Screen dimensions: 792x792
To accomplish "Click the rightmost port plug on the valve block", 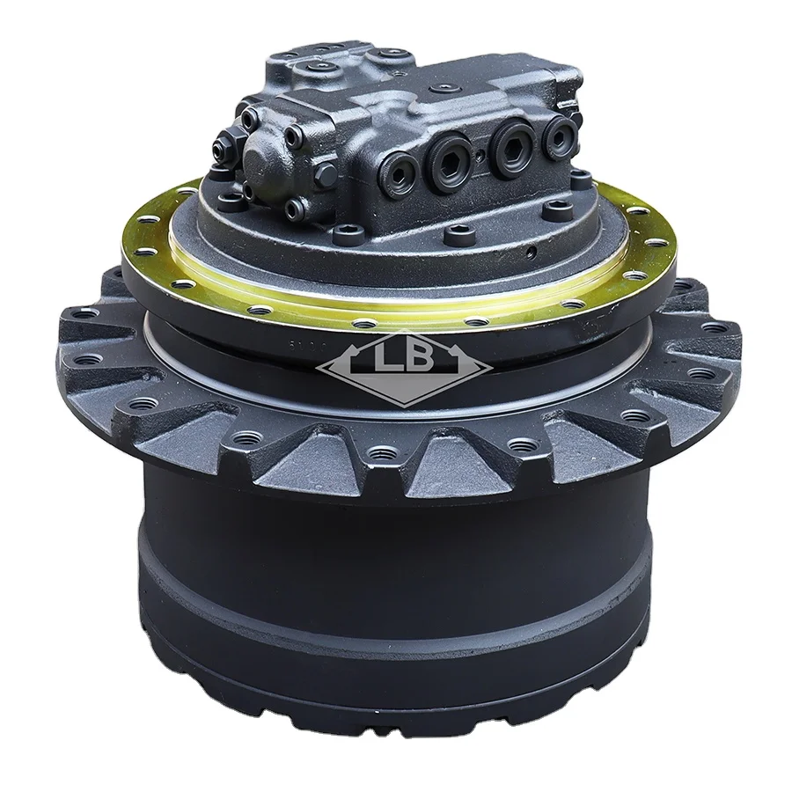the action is tap(560, 135).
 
